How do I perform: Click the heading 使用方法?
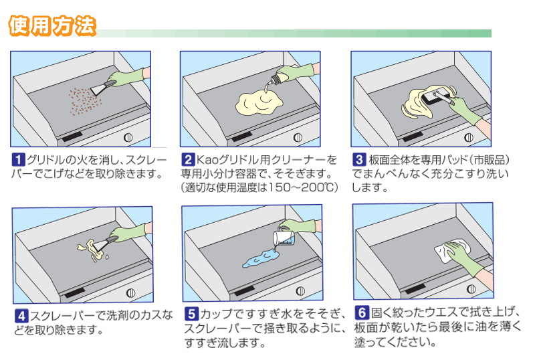[52, 25]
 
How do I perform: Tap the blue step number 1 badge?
[19, 160]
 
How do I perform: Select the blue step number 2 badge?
[188, 160]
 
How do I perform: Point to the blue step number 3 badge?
[359, 160]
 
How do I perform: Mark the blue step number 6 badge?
[362, 313]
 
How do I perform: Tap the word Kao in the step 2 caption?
[209, 161]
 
